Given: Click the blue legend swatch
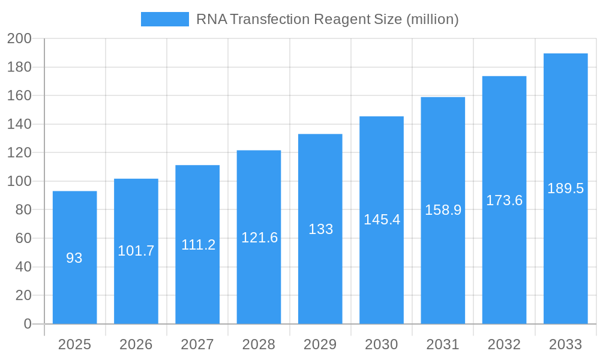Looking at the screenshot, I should coord(164,19).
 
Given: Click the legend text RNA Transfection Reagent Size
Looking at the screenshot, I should coord(327,19).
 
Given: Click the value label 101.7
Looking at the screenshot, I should coord(136,251).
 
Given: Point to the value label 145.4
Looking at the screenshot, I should coord(382,220).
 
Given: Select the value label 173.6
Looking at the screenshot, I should coord(504,200).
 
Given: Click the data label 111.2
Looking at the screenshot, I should coord(197,245).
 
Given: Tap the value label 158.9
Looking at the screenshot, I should coord(443,210).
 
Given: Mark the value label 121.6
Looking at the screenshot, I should coord(259,238).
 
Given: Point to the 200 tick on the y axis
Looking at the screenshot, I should coord(19,39).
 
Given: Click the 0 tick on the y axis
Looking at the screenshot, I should coord(27,324).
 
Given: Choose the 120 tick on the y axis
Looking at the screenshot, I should coord(19,153).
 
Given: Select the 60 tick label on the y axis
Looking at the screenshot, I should coord(23,238).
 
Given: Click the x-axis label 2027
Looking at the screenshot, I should coord(197,344).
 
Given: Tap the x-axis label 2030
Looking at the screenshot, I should coord(382,344).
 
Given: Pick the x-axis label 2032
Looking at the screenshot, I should coord(504,344).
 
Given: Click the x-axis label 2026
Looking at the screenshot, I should coord(136,344).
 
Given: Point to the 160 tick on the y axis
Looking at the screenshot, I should coord(19,96).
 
